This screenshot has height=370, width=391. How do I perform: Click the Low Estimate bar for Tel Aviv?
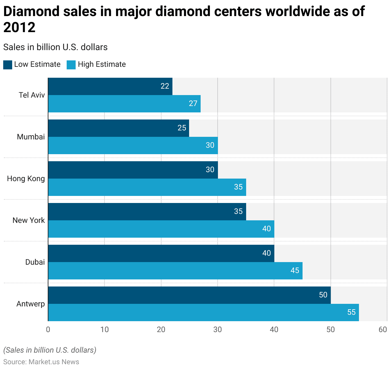click(110, 86)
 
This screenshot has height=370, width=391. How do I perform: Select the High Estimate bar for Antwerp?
click(203, 313)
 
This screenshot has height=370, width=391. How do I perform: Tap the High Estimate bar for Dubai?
click(175, 271)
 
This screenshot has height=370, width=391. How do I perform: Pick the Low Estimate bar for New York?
click(147, 212)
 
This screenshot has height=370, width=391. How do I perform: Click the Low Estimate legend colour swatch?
click(8, 65)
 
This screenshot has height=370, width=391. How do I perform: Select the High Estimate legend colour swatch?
click(71, 65)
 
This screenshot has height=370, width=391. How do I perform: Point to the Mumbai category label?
click(31, 137)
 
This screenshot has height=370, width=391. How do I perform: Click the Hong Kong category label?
click(26, 179)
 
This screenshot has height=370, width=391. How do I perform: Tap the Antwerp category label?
click(30, 304)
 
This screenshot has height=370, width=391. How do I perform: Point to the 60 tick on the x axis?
click(383, 330)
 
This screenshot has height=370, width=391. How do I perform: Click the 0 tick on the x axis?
click(48, 330)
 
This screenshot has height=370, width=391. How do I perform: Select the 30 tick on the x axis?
click(218, 330)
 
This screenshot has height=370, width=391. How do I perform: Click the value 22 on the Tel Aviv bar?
click(165, 86)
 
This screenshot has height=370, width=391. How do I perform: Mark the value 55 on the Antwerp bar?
click(351, 312)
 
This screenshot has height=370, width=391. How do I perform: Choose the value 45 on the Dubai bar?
click(295, 270)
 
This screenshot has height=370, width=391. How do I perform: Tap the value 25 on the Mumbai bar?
click(182, 128)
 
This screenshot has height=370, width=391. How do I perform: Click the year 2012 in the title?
click(19, 28)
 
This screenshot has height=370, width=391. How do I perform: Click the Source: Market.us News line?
click(41, 362)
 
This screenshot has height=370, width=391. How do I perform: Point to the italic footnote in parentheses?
click(50, 350)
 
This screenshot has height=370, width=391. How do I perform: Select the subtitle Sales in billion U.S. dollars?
click(55, 47)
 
